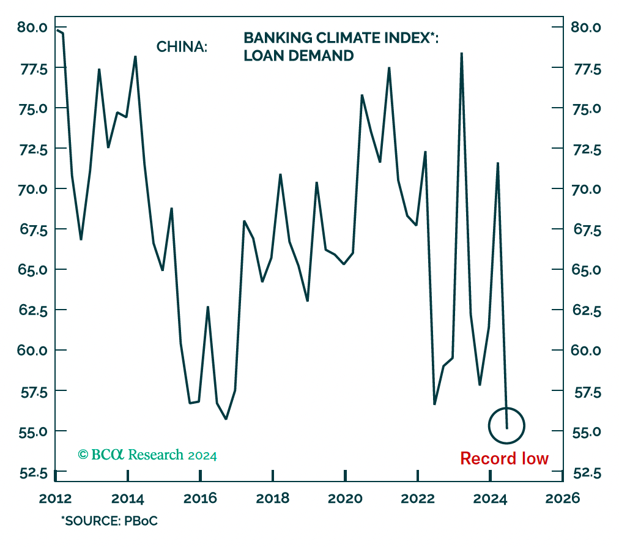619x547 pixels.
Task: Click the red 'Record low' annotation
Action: (504, 458)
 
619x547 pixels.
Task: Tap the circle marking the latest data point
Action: (507, 425)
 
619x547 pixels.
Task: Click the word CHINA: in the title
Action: (182, 47)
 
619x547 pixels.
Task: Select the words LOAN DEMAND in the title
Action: (298, 56)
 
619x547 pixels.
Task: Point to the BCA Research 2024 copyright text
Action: (147, 455)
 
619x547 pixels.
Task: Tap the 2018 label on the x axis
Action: (272, 497)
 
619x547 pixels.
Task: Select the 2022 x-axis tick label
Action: (417, 497)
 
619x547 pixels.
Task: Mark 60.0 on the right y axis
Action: (586, 350)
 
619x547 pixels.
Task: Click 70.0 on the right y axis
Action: (586, 188)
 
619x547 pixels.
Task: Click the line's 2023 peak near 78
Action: (461, 53)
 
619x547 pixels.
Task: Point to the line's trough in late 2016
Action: (226, 419)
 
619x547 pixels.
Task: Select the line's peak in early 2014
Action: (135, 56)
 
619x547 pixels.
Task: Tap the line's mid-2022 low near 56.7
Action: (434, 404)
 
